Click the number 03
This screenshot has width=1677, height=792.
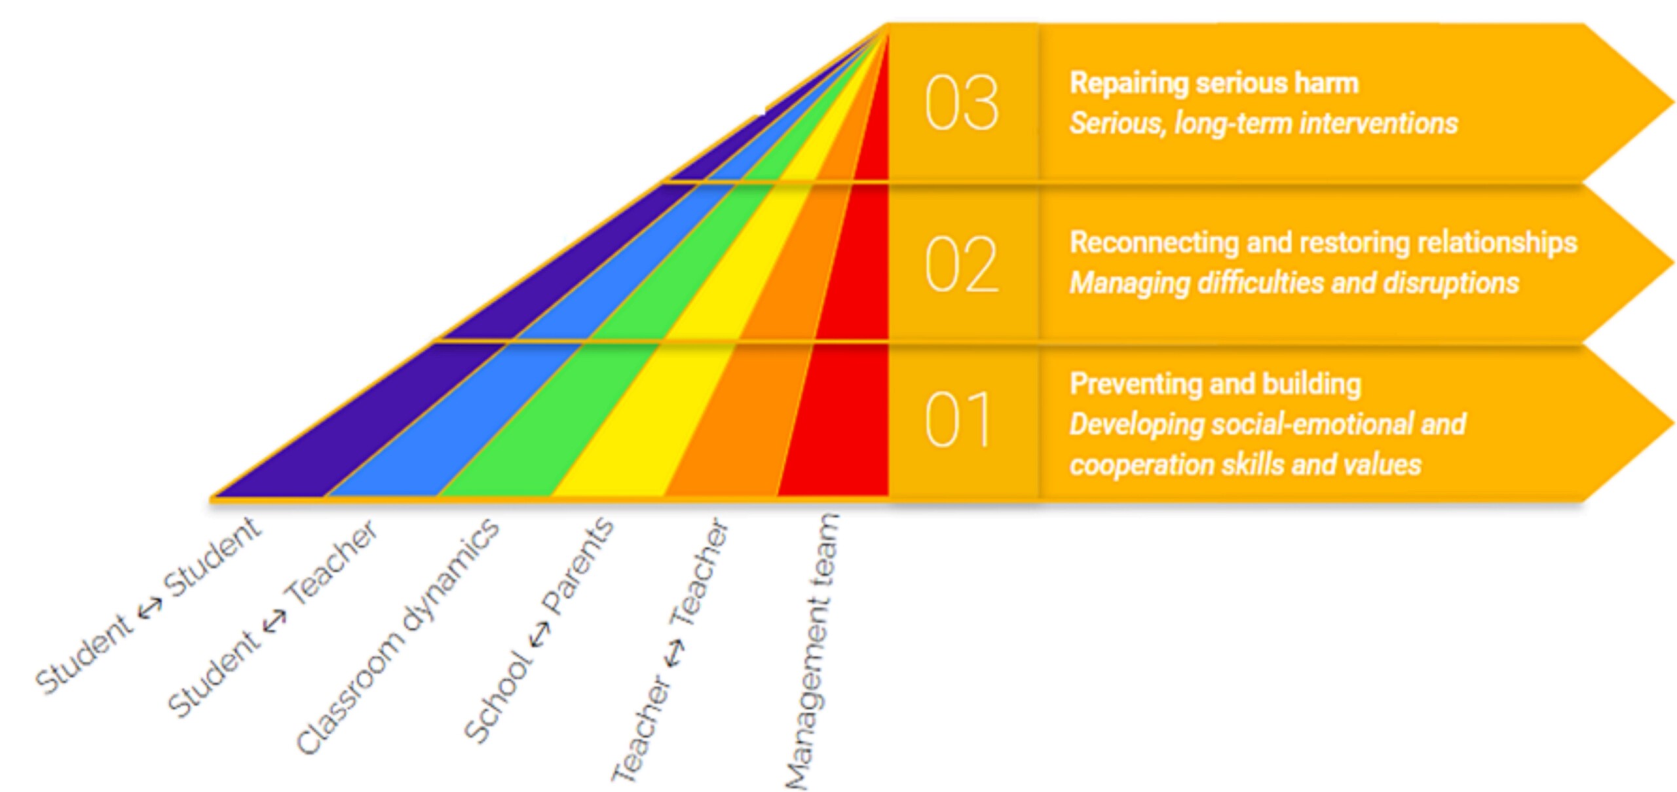coord(962,103)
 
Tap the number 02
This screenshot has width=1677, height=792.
coord(962,264)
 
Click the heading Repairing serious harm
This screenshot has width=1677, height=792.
coord(1214,83)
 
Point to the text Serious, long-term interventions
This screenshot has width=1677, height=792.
coord(1264,123)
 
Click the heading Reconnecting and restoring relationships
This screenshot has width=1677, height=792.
coord(1323,243)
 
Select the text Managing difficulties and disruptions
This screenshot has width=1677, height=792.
coord(1294,283)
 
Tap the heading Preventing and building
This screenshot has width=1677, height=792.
coord(1215,384)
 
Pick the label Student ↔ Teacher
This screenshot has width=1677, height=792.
coord(273,619)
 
